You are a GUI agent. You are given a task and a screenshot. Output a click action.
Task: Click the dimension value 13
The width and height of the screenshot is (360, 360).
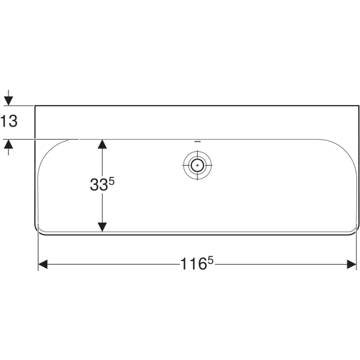click(9, 121)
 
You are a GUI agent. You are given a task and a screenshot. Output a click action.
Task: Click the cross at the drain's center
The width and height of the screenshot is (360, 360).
click(197, 164)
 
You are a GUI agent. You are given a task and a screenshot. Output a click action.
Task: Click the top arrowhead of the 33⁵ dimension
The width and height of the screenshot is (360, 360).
click(103, 145)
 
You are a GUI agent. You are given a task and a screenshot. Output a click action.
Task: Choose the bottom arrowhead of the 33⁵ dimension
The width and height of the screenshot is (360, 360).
click(103, 226)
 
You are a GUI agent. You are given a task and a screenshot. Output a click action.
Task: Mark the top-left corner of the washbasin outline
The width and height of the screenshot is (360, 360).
click(35, 106)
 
